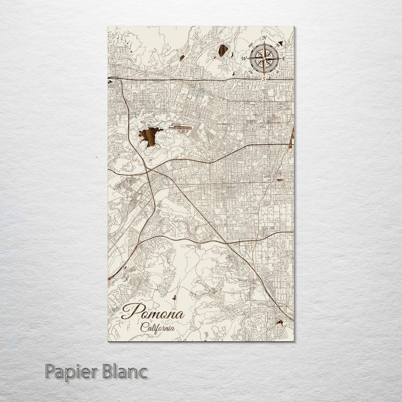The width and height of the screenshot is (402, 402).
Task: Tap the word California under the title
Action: pyautogui.click(x=158, y=327)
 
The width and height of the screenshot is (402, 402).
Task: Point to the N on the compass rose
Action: pyautogui.click(x=265, y=38)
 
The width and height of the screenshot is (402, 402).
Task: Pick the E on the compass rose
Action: pyautogui.click(x=284, y=59)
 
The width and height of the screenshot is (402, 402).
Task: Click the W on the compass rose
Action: pyautogui.click(x=244, y=59)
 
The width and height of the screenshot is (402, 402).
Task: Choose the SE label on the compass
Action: pyautogui.click(x=277, y=72)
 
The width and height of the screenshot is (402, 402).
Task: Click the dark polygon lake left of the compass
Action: pyautogui.click(x=223, y=50)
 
